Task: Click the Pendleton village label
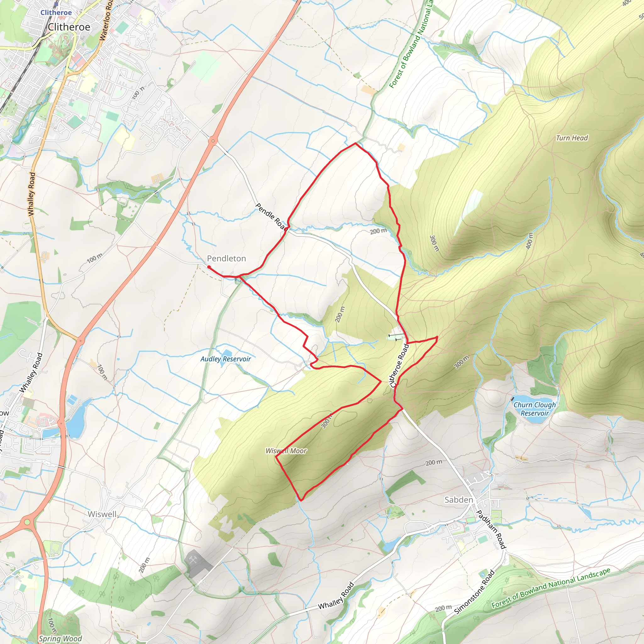(226, 258)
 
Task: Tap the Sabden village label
(459, 500)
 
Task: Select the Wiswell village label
(102, 514)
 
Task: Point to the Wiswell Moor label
(286, 451)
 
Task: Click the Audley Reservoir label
(225, 359)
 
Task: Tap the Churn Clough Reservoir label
(535, 409)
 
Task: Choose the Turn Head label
(572, 138)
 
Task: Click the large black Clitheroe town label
(69, 27)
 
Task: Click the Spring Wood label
(60, 638)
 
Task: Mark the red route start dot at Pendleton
(209, 267)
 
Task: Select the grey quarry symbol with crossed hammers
(194, 561)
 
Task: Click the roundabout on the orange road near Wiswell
(27, 522)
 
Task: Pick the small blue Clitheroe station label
(56, 12)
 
